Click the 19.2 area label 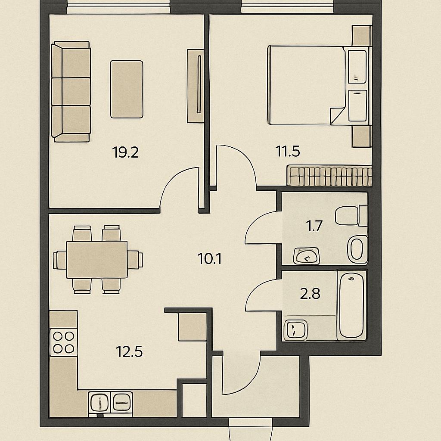(x=125, y=152)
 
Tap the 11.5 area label (x=288, y=151)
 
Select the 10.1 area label (x=210, y=259)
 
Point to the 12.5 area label (x=129, y=352)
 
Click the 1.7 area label (x=314, y=226)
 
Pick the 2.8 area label (x=310, y=294)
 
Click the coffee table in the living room (x=127, y=89)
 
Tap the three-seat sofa (x=71, y=91)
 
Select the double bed (x=306, y=85)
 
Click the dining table (x=97, y=260)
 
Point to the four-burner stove (x=64, y=342)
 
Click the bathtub (x=351, y=305)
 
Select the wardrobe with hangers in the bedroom (x=329, y=176)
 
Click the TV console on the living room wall (x=196, y=86)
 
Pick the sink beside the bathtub (x=295, y=329)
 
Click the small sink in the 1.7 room (x=306, y=256)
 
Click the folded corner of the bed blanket (x=337, y=115)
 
